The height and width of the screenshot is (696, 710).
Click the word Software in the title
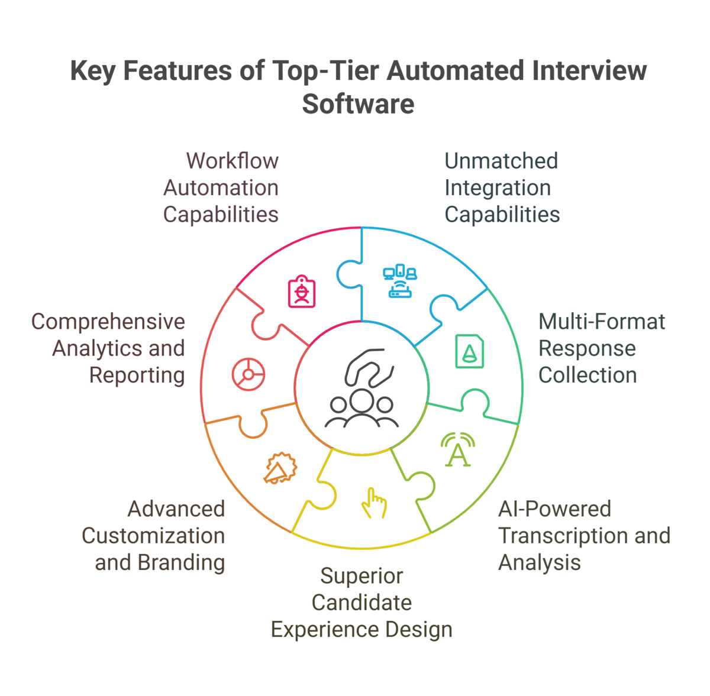tap(358, 104)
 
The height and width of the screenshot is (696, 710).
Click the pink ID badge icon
tap(302, 292)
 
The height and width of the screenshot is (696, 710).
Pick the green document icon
tap(470, 351)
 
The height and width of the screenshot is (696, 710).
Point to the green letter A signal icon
tap(457, 451)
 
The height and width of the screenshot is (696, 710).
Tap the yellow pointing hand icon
tap(374, 503)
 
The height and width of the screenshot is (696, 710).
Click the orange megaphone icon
tap(279, 469)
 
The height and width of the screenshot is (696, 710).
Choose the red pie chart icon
tap(248, 374)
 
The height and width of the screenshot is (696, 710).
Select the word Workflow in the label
tap(233, 161)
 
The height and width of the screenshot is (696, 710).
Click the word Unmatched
tap(501, 161)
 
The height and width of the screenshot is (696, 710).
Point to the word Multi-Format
tap(602, 322)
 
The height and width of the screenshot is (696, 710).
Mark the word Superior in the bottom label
tap(362, 576)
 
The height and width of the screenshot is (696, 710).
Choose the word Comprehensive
tap(108, 322)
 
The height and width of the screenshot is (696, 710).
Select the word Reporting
tap(137, 375)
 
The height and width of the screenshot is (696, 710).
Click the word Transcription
tap(557, 536)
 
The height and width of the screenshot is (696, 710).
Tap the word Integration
tap(498, 188)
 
